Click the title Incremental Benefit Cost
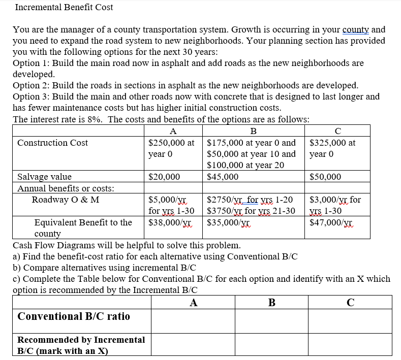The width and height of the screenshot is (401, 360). [x=64, y=7]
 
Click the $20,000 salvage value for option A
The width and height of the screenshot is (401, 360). [x=164, y=177]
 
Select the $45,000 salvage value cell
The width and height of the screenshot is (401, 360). [x=223, y=177]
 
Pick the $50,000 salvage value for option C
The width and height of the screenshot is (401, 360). [x=325, y=177]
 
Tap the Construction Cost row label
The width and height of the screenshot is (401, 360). [x=52, y=143]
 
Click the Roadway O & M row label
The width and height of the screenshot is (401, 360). [x=66, y=200]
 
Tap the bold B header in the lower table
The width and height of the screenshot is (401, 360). [x=272, y=303]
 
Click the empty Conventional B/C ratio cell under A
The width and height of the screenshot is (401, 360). [x=193, y=321]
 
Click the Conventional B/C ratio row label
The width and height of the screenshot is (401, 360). [x=74, y=316]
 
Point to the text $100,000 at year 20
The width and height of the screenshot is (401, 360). [x=245, y=165]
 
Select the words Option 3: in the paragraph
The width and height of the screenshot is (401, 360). [x=33, y=96]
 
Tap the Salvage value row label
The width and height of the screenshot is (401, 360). [x=44, y=177]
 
